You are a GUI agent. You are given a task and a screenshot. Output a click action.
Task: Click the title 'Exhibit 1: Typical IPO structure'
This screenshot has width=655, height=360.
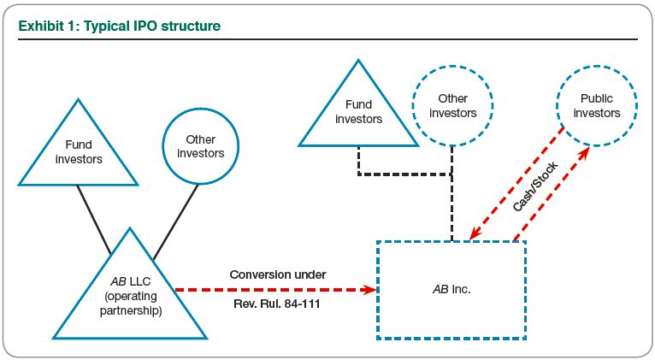[120, 27]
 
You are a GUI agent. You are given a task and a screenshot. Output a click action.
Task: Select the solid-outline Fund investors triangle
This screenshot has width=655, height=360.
[78, 150]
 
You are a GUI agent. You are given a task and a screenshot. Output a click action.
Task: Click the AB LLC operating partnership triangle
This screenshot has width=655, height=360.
[129, 295]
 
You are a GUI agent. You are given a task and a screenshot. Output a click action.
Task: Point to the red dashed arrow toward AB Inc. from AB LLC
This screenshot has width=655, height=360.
[274, 290]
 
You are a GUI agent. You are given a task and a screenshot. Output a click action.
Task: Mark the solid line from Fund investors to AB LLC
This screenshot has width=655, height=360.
[94, 219]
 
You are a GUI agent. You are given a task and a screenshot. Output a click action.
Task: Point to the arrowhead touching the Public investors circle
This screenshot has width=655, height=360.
[587, 151]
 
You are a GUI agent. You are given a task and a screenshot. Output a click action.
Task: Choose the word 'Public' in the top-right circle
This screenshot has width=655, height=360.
[597, 98]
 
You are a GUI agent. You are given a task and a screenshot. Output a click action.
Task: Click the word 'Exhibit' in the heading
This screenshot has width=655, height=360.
[40, 27]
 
